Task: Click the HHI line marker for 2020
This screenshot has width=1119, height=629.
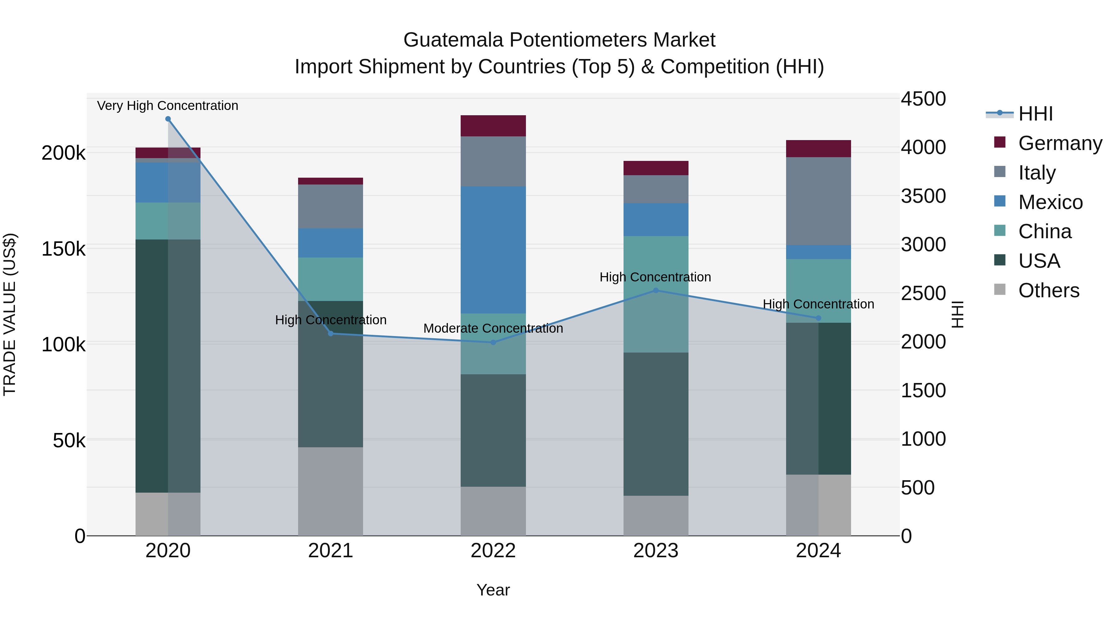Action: point(168,119)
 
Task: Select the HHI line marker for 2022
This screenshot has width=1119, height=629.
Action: point(493,343)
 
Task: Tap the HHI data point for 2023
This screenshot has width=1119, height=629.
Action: point(656,290)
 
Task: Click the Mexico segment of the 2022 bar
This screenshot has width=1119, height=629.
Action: point(493,250)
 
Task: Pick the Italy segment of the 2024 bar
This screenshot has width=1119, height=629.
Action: point(818,201)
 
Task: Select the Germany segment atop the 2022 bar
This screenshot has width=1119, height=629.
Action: point(493,126)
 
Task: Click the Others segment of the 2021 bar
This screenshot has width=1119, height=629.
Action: point(331,491)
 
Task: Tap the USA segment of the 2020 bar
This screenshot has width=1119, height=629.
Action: point(168,366)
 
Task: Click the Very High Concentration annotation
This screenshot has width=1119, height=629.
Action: point(168,106)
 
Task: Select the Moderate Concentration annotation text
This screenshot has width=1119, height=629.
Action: point(493,329)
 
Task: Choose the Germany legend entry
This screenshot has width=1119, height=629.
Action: point(1060,143)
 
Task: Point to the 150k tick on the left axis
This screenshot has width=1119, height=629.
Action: point(63,249)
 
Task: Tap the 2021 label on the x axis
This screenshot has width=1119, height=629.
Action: point(331,551)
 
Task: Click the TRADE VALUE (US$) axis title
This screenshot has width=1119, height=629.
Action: point(10,314)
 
